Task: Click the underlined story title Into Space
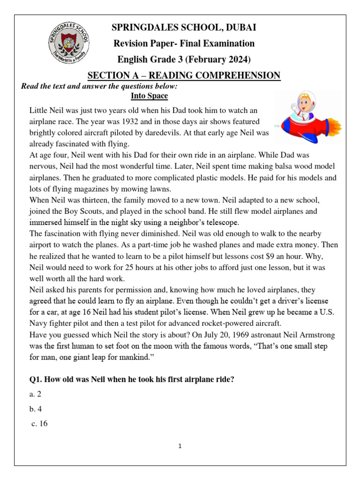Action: click(x=149, y=96)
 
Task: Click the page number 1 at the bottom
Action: click(x=180, y=446)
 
